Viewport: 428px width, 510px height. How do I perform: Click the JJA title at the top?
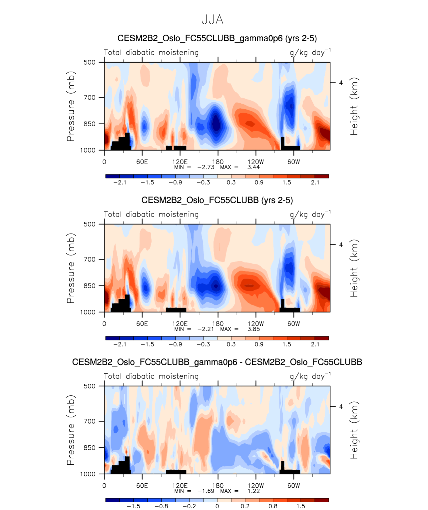[x=213, y=20]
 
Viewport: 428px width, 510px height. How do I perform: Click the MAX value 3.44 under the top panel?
[x=253, y=167]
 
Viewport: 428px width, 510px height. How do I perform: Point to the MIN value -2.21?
[x=206, y=329]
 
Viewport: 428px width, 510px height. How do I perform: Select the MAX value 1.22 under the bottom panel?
[x=253, y=491]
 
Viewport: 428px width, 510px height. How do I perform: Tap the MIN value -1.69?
[x=206, y=491]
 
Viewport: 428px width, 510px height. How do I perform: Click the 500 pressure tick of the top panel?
[x=89, y=62]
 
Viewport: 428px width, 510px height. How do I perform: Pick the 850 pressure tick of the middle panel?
[x=89, y=286]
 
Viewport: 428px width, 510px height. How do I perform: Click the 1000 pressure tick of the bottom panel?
[x=88, y=474]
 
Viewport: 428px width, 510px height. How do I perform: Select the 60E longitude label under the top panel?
[x=142, y=162]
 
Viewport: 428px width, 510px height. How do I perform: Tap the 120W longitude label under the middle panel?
[x=256, y=324]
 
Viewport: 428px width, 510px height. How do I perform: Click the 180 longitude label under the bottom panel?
[x=218, y=486]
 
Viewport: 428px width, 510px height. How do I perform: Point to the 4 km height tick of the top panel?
[x=341, y=83]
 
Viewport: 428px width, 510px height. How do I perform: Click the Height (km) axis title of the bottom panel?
[x=354, y=430]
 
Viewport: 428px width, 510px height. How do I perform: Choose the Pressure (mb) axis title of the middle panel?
[x=71, y=268]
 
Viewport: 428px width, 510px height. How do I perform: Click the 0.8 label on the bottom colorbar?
[x=273, y=506]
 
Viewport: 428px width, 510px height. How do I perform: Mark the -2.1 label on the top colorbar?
[x=120, y=183]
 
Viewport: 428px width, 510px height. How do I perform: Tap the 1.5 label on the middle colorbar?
[x=287, y=344]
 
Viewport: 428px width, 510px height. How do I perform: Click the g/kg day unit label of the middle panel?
[x=310, y=215]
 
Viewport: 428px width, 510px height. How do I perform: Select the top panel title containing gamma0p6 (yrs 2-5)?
[x=217, y=38]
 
